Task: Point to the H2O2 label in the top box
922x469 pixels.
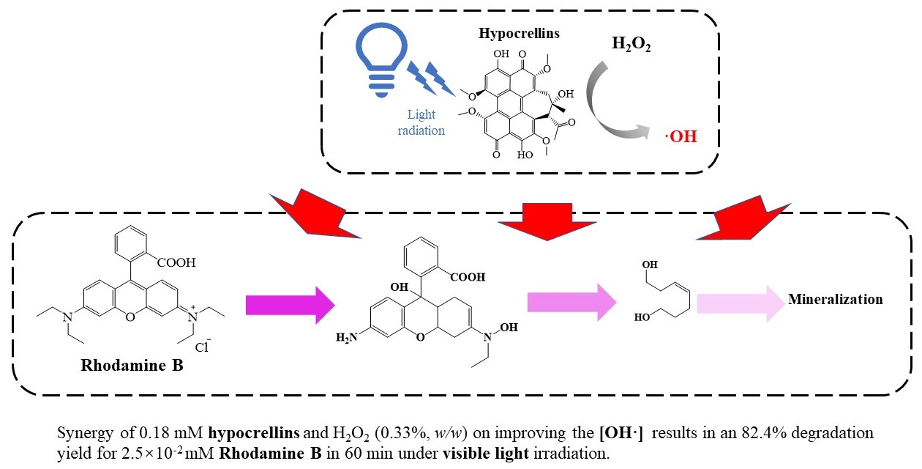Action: click(x=631, y=44)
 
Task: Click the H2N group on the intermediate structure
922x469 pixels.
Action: click(x=351, y=336)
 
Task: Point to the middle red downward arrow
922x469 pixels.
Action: click(x=555, y=218)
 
